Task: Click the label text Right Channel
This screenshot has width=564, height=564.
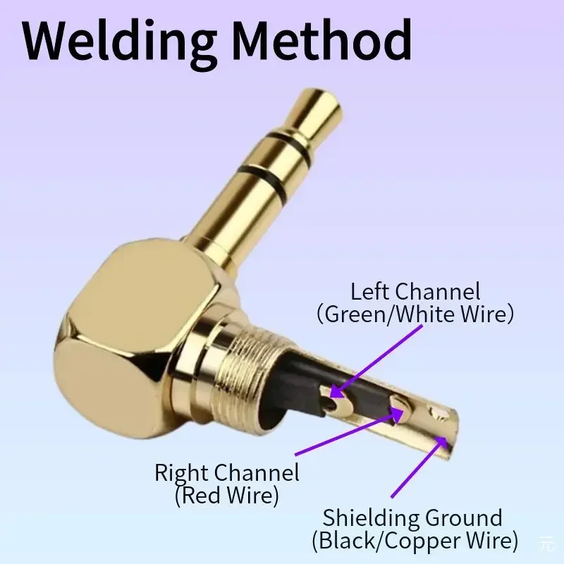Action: coord(227,472)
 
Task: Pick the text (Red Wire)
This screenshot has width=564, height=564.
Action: coord(227,495)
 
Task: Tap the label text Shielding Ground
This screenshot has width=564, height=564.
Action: coord(412,518)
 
